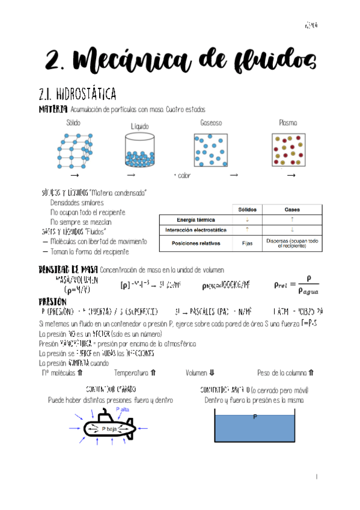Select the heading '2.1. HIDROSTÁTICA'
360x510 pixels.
point(77,94)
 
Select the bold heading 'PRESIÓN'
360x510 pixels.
point(53,301)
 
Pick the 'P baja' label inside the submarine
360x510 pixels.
point(109,429)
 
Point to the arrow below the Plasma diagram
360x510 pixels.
point(291,175)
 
